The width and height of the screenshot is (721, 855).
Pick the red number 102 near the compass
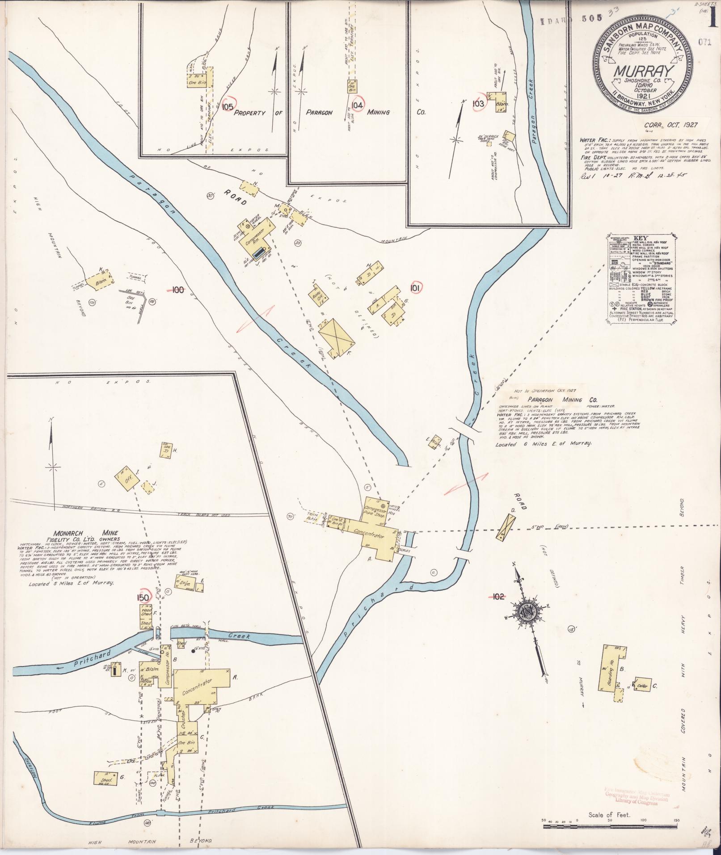click(x=498, y=596)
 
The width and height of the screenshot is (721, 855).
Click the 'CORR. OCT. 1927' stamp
click(x=671, y=126)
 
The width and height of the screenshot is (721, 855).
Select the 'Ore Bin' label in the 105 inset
click(x=195, y=83)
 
